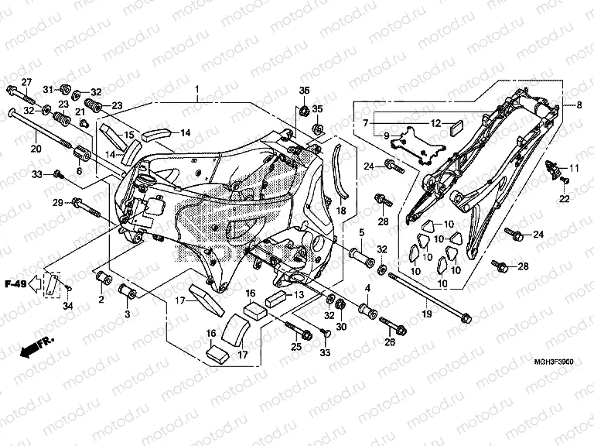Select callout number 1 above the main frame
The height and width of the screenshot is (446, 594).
point(196,91)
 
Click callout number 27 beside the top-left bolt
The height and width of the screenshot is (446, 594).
point(26,83)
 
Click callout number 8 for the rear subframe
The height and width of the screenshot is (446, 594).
point(579,105)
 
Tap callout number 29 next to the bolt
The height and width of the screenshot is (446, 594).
point(57,203)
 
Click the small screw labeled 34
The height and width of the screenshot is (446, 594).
point(68,290)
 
